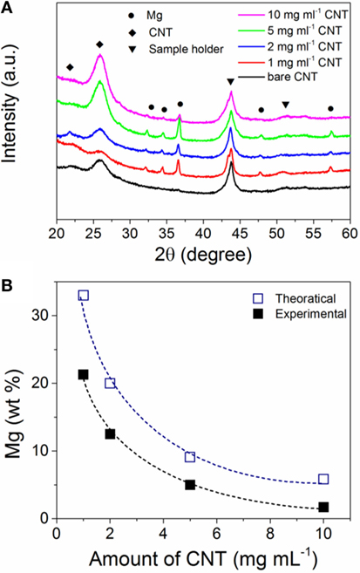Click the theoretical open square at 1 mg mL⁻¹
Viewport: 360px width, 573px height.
pos(84,296)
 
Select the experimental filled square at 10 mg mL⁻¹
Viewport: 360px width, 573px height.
pos(323,507)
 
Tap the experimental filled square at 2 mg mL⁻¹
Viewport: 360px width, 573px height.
pos(110,433)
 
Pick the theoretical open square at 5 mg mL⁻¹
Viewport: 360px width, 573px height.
pos(190,457)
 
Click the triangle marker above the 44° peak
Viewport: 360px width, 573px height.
pos(230,82)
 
